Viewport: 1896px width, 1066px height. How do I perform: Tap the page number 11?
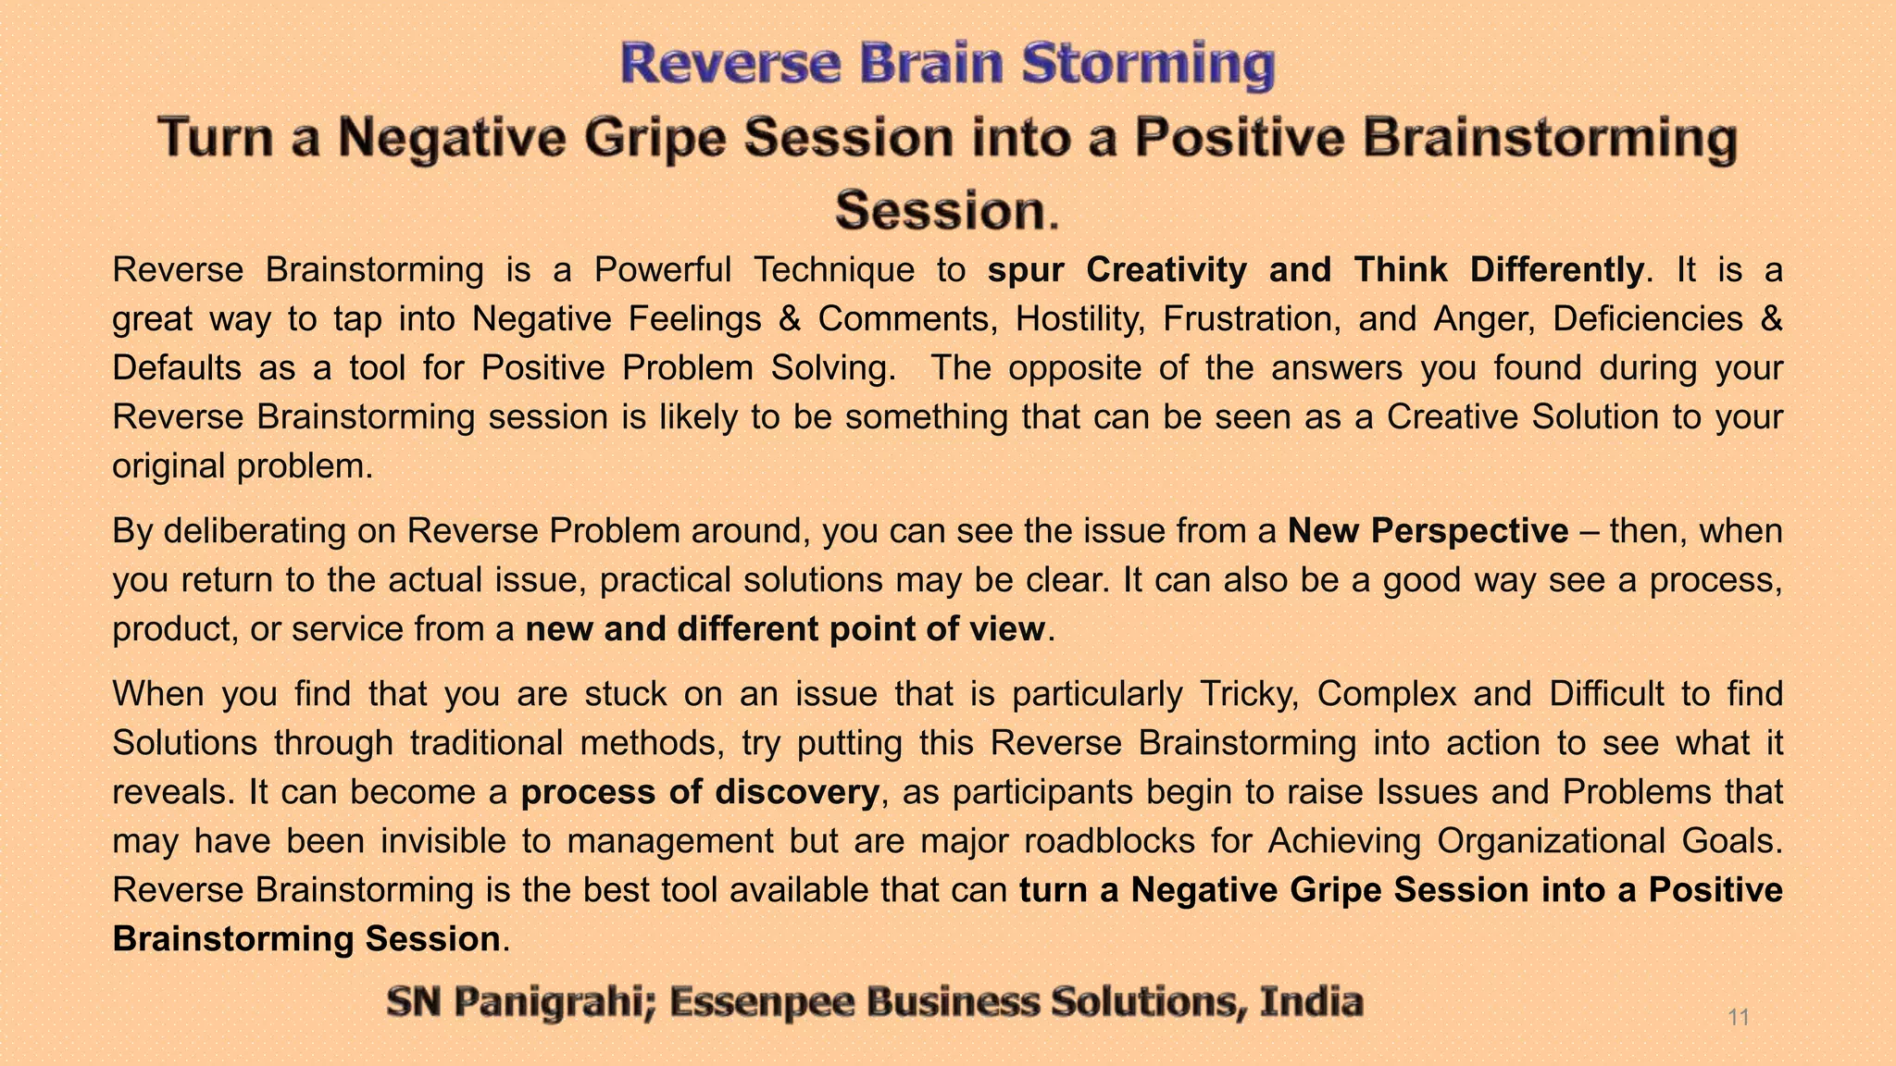click(x=1739, y=1018)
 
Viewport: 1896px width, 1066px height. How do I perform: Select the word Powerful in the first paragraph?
click(x=662, y=270)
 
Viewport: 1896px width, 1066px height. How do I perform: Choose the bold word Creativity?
click(x=1166, y=270)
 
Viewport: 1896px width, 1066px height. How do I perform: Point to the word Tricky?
click(x=1246, y=694)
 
